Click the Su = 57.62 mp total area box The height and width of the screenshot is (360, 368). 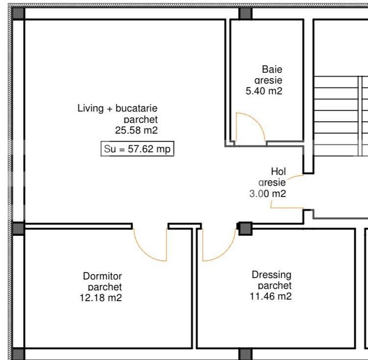(137, 149)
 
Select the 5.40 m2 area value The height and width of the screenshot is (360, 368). (263, 91)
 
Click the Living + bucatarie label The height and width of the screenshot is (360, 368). (117, 108)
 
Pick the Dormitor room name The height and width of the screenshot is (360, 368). (102, 276)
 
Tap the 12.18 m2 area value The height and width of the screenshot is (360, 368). (101, 298)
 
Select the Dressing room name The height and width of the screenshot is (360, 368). (271, 275)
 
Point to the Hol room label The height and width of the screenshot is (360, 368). (278, 171)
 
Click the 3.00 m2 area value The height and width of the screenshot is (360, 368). (267, 194)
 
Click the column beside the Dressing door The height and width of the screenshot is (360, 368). (245, 228)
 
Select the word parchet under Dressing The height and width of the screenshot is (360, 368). (275, 285)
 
